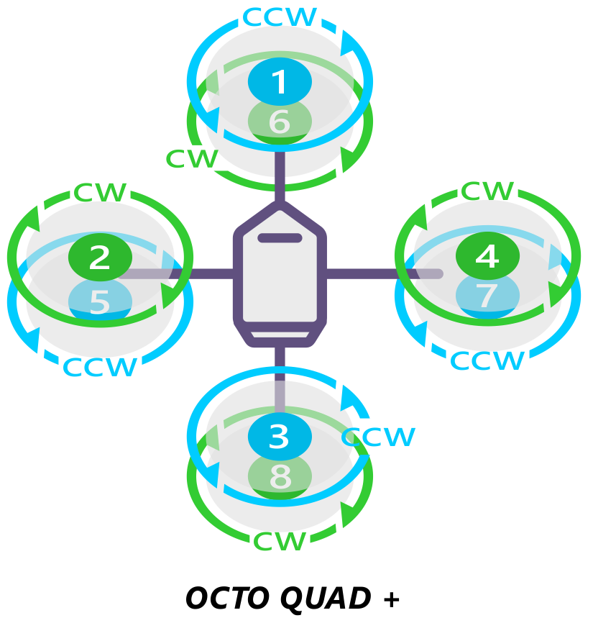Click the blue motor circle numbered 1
[280, 82]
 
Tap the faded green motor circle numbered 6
[280, 122]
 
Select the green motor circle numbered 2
[100, 257]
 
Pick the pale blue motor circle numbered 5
[100, 301]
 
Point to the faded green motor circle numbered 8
[280, 476]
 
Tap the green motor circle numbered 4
[487, 256]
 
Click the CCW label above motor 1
[279, 17]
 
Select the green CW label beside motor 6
[191, 159]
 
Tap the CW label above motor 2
[101, 193]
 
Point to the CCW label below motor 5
[99, 367]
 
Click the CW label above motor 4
[487, 191]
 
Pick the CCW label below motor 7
[487, 360]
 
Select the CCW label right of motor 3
[379, 437]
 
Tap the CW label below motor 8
[280, 541]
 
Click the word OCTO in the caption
[227, 599]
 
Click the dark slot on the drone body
[280, 238]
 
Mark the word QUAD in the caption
[324, 599]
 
